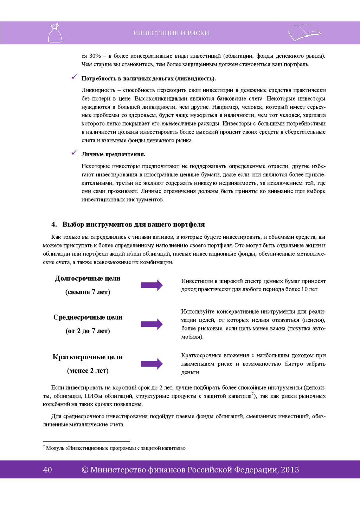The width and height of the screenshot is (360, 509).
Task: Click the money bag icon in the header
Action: point(55,33)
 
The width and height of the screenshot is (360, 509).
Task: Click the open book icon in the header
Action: point(304,32)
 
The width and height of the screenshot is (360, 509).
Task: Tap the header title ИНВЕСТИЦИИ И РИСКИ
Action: point(171,33)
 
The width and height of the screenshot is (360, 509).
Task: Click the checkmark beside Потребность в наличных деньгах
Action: point(74,77)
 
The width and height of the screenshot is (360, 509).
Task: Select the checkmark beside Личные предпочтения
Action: point(74,152)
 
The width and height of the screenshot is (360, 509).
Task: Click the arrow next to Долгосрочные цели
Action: point(152,285)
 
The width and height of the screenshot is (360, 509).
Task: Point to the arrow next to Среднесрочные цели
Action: point(152,324)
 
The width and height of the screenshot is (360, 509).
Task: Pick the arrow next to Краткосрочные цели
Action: point(152,364)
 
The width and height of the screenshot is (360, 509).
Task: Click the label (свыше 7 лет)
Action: point(88,292)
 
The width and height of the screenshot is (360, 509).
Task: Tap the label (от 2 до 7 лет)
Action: point(88,331)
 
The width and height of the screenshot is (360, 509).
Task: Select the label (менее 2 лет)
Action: point(88,371)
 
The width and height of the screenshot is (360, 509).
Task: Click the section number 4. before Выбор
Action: point(54,224)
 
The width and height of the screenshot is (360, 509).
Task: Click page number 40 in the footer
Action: point(47,470)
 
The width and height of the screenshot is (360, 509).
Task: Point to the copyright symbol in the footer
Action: point(85,470)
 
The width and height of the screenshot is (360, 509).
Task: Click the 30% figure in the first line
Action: point(95,56)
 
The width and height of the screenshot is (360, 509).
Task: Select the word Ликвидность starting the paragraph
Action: point(98,90)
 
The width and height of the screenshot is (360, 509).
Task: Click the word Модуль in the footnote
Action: point(55,448)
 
